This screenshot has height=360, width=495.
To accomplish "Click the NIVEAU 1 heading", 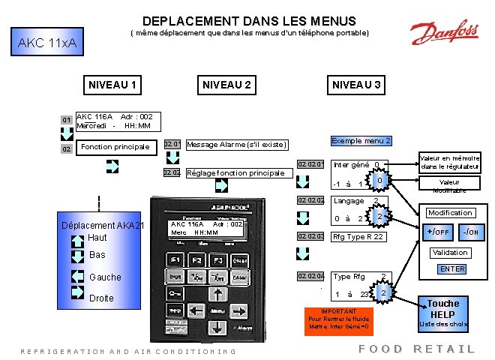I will [112, 85].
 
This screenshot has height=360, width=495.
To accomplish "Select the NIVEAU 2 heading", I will [226, 85].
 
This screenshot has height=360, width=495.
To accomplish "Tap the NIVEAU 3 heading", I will [356, 85].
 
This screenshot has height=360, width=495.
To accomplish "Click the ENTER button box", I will [452, 269].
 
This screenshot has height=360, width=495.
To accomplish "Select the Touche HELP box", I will [442, 309].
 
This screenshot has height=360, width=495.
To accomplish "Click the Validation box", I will [449, 253].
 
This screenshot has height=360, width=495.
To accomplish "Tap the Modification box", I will [450, 213].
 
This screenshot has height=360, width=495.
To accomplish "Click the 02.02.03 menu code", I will [310, 236].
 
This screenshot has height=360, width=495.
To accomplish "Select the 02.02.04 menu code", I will [310, 276].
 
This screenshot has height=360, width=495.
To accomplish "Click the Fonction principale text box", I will [115, 146].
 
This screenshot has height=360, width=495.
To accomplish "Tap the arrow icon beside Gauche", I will [77, 277].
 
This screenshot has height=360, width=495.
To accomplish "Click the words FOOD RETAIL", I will [417, 349].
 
